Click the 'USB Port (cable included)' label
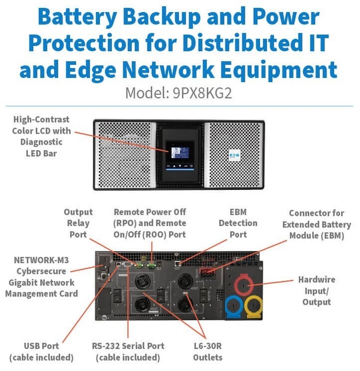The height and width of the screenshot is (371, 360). click(41, 352)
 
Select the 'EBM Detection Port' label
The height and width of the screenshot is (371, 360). click(238, 223)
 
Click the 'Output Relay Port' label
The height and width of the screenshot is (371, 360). click(78, 223)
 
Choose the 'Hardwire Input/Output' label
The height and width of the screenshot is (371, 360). click(317, 290)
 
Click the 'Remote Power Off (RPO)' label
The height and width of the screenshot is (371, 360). click(150, 218)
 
